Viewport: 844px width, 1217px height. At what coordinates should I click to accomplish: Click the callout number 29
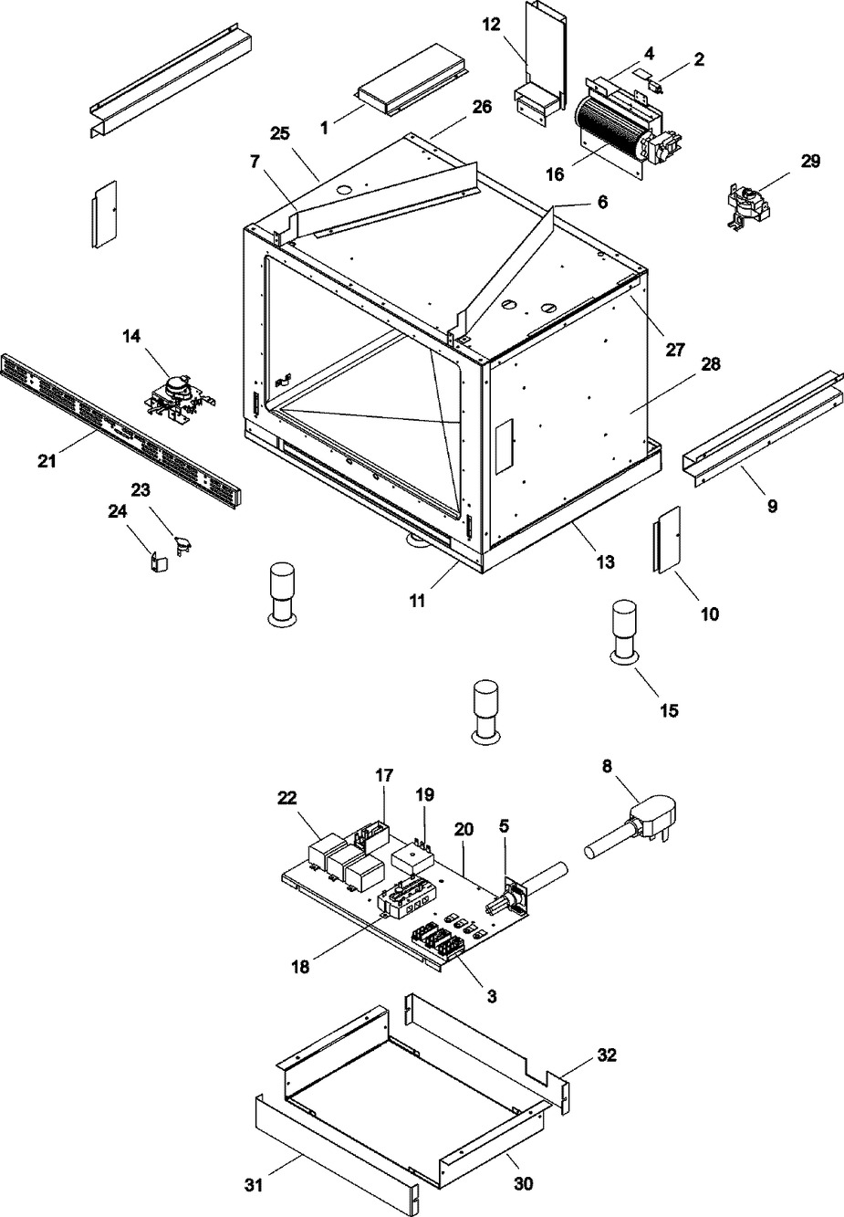[810, 162]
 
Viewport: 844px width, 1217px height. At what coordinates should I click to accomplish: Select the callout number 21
[47, 461]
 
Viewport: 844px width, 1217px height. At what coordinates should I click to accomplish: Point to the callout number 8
[607, 765]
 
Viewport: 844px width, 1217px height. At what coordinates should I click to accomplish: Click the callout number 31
[254, 1200]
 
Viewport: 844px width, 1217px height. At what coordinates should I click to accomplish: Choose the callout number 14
[131, 336]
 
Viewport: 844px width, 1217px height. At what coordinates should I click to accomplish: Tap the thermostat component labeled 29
[748, 207]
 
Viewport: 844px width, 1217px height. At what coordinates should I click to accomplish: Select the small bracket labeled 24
[159, 561]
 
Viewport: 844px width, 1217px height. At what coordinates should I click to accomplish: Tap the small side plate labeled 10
[666, 540]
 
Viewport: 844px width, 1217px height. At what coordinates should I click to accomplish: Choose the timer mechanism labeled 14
[181, 399]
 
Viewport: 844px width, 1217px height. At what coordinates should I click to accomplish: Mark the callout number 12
[492, 25]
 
